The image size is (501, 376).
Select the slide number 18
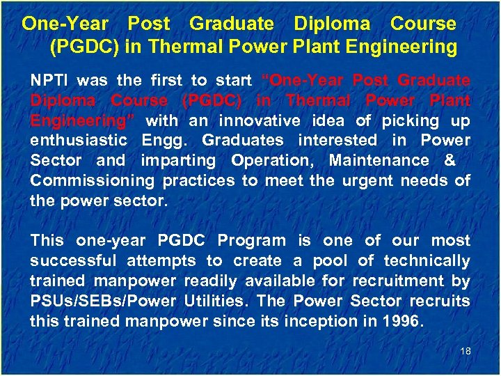466,351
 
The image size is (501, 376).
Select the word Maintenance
379,161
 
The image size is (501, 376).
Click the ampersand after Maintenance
449,161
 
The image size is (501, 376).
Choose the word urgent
369,181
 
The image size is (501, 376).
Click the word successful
74,261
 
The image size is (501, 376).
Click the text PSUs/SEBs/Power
104,301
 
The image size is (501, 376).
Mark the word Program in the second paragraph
252,241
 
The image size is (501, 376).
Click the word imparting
179,161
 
